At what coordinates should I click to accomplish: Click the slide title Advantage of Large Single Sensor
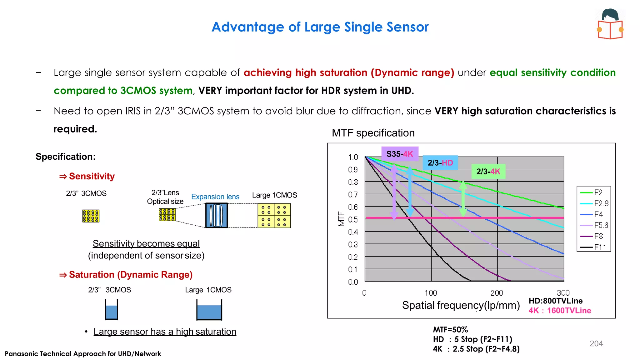320,27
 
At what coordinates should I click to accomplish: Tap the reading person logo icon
610,24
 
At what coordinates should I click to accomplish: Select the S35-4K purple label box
400,154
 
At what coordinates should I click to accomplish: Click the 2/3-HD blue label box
440,162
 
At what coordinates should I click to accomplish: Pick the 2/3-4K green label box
488,171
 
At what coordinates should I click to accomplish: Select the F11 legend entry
594,247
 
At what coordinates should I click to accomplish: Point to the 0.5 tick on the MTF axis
353,219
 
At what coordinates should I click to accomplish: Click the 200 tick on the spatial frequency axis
497,293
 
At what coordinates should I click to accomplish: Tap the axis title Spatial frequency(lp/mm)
461,305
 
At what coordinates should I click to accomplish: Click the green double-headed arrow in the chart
463,199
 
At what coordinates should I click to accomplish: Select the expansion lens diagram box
216,215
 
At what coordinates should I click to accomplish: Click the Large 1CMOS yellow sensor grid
274,215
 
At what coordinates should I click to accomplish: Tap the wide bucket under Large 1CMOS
209,310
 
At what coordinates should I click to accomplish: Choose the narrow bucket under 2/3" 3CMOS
111,310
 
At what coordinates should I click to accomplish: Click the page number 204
596,343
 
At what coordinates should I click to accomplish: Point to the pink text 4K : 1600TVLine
559,311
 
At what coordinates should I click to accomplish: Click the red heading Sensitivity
92,176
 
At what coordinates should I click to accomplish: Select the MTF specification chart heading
373,133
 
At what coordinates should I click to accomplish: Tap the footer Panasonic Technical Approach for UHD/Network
83,354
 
